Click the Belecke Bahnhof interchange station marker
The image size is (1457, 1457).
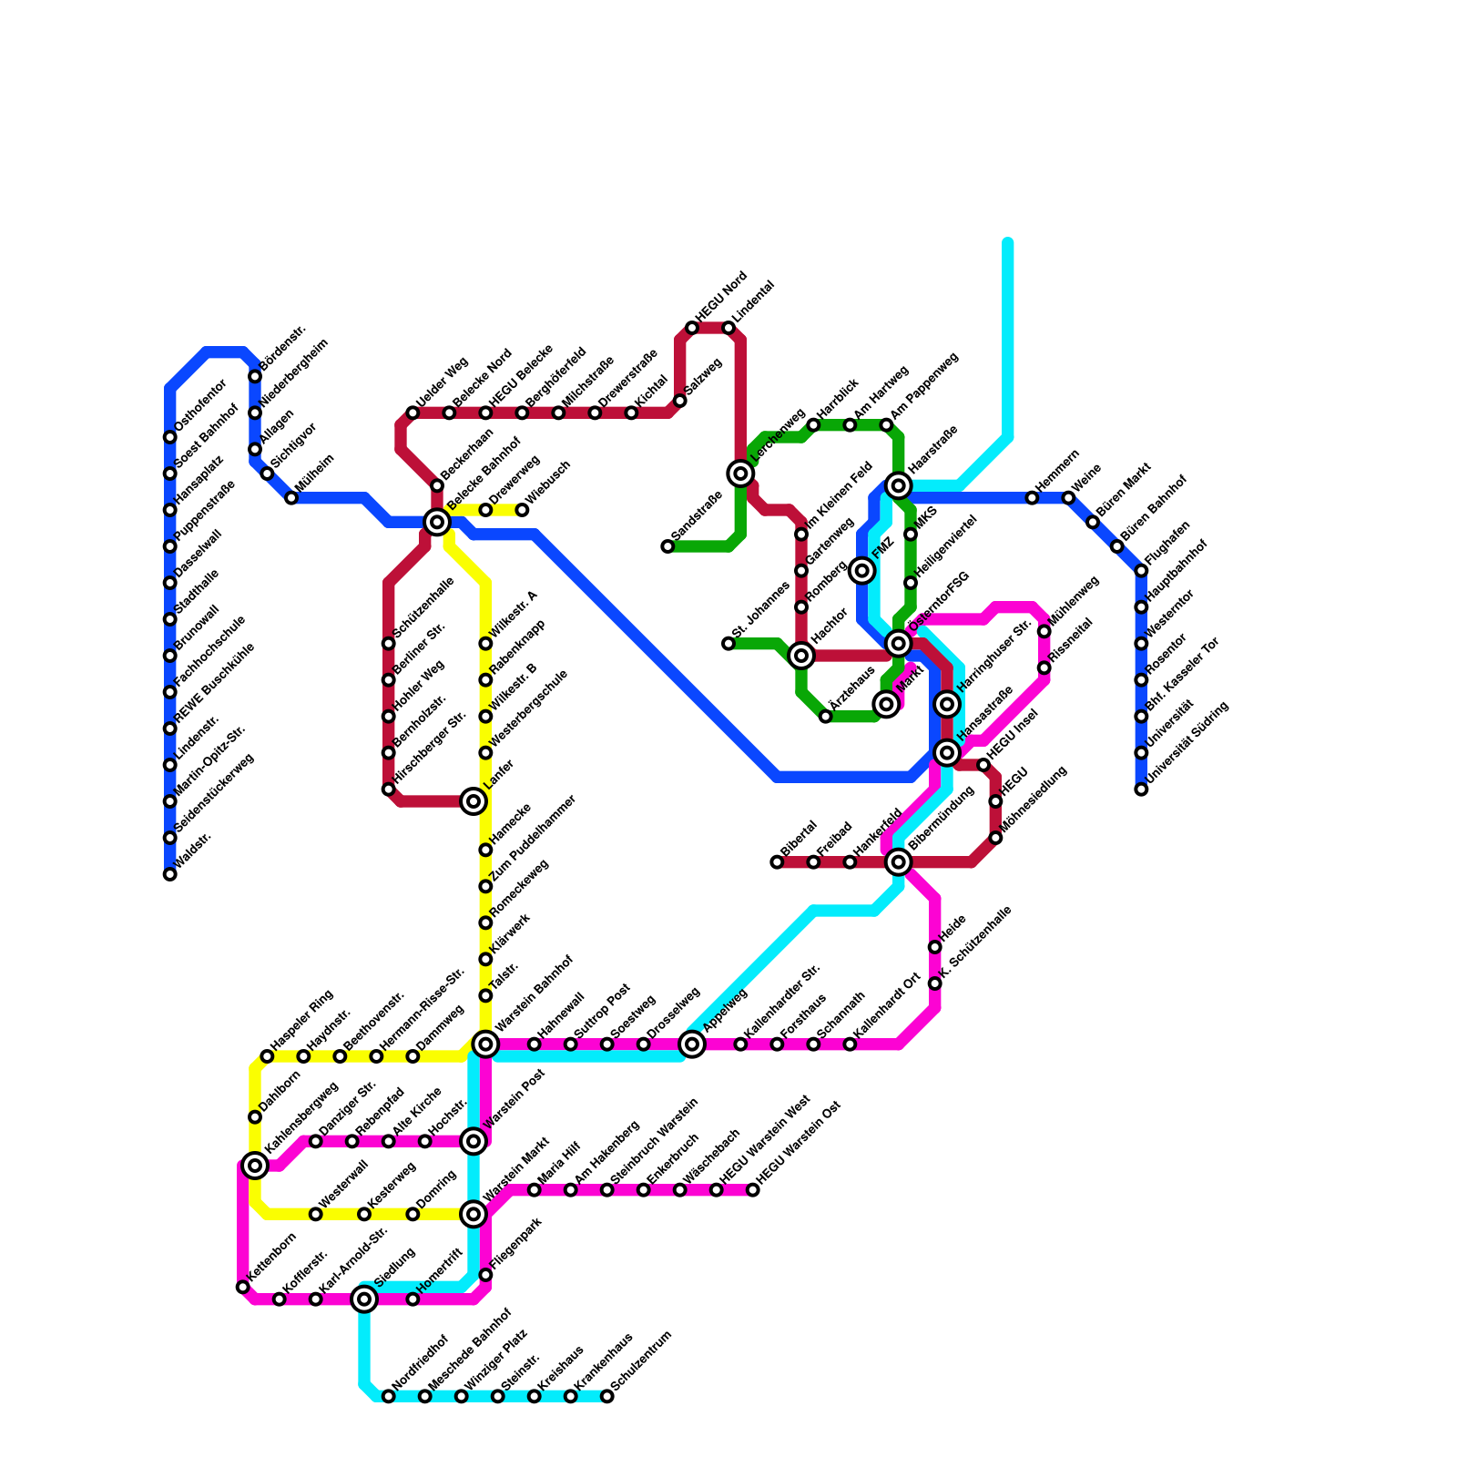437,522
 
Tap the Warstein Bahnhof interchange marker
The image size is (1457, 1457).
486,1044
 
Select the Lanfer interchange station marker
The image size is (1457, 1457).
474,801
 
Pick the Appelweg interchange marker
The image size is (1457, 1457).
692,1044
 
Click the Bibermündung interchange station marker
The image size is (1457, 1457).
899,861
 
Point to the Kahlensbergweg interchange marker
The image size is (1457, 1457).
255,1166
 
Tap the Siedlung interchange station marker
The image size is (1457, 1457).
364,1299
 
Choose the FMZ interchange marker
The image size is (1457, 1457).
862,571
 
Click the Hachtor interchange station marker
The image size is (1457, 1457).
801,656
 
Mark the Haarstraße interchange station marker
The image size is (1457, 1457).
899,485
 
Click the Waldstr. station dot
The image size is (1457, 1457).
170,874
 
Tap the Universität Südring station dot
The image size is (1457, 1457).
1141,790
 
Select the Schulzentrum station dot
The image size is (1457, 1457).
607,1396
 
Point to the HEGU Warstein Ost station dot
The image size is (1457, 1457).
753,1190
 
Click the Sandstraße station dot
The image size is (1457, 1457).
667,546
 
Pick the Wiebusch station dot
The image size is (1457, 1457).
522,510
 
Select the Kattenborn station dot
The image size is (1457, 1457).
242,1287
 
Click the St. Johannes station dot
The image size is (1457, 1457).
728,644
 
